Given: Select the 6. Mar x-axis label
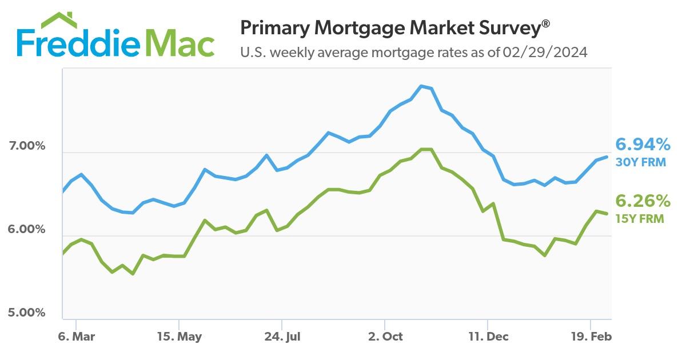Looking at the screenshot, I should [x=76, y=337].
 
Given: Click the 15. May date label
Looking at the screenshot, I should [x=179, y=337].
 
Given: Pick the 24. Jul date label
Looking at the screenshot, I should [x=282, y=337].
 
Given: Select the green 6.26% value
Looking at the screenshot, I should [x=642, y=201].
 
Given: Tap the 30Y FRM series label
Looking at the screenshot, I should [x=640, y=162].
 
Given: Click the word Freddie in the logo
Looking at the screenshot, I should [x=77, y=43].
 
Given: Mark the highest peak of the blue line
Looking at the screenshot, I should [x=421, y=86].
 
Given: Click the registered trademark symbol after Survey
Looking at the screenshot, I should [x=547, y=23].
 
